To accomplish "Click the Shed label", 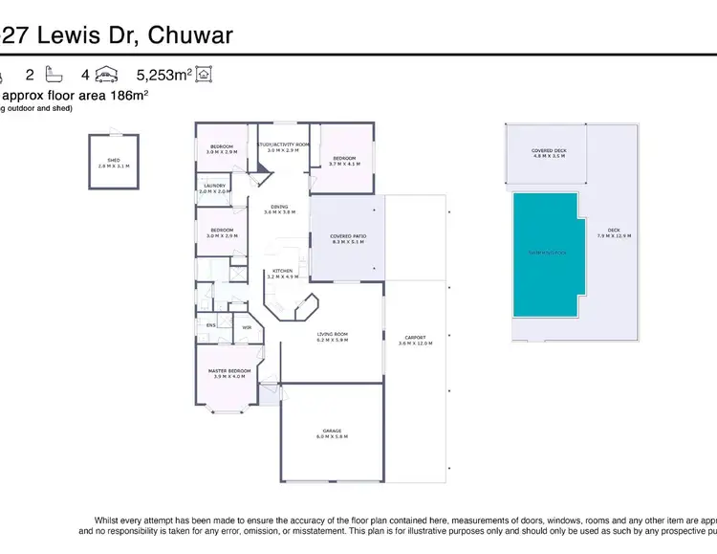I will [113, 163].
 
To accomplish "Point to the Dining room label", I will [279, 209].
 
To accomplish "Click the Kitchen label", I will [282, 274].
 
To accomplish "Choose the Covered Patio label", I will [348, 238].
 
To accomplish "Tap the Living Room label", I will [333, 336].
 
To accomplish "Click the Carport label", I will [415, 340].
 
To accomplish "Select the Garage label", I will [333, 433].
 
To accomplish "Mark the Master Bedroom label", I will [229, 372].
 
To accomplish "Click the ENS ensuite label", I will [210, 325].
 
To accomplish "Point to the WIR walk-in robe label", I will [247, 327].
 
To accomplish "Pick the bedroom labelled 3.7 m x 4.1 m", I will [344, 161].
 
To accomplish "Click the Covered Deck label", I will [549, 152].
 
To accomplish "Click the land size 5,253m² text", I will [164, 74].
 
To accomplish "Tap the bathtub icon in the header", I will [53, 74].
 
